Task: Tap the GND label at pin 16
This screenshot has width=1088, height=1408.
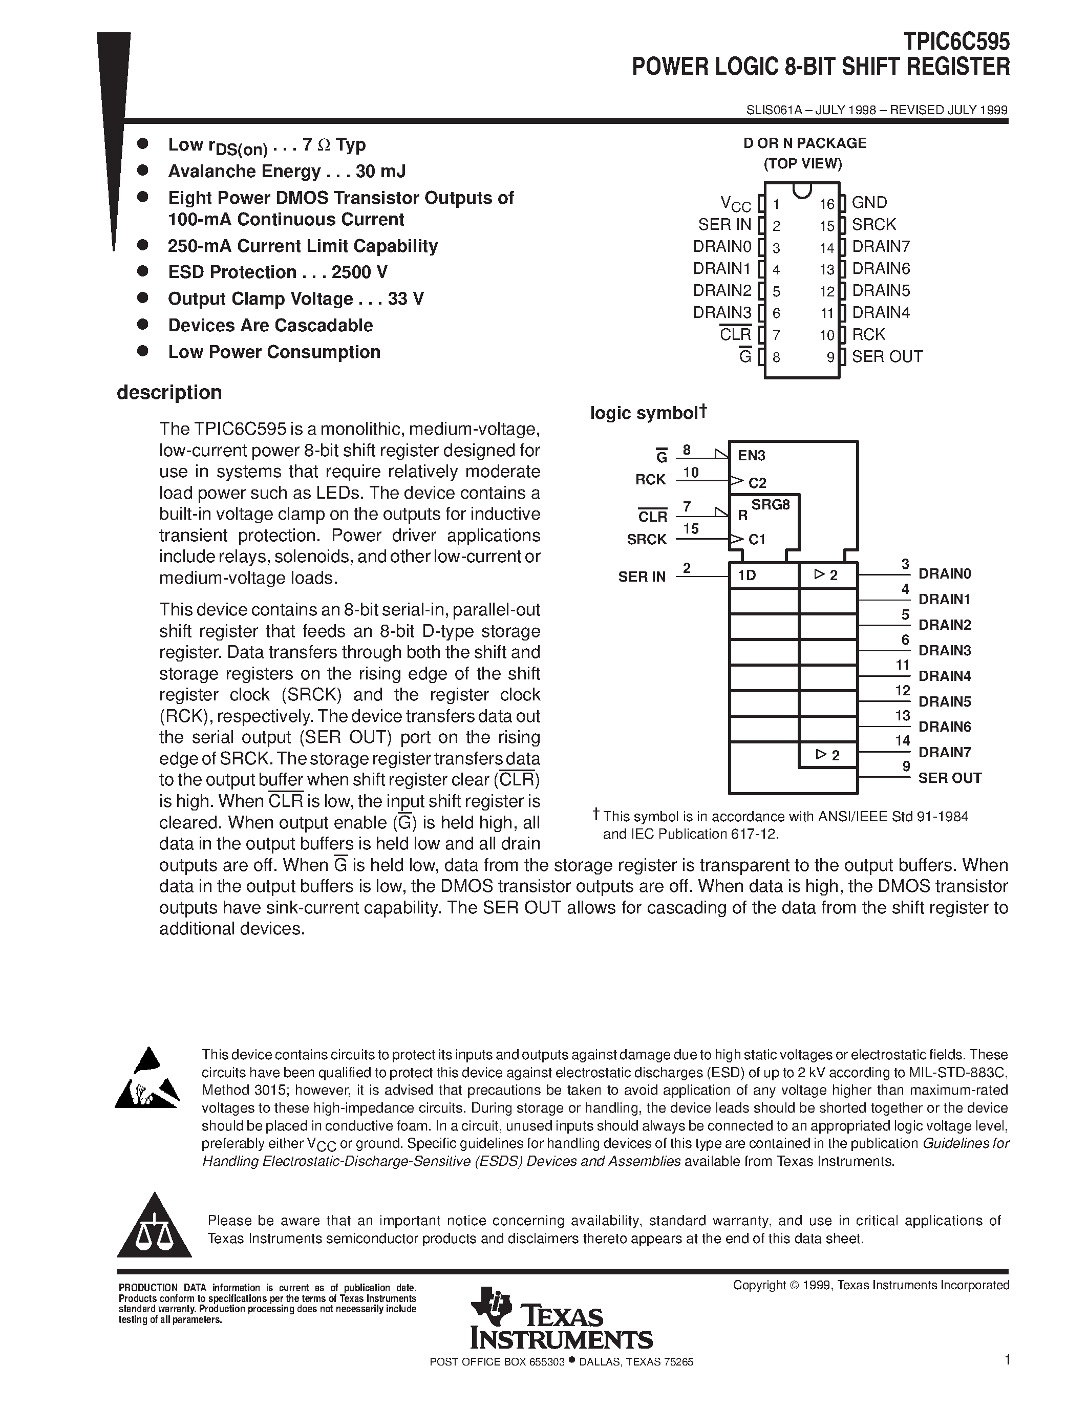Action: pos(869,202)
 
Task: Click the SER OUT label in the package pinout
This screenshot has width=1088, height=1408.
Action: pos(887,356)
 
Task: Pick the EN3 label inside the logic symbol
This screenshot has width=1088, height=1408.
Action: pos(751,456)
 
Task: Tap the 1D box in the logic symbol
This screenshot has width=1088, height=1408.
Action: pos(764,575)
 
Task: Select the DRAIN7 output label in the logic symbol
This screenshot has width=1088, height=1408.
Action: pos(944,752)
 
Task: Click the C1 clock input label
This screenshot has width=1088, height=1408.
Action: pos(757,539)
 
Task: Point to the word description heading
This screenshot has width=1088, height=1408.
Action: pos(169,392)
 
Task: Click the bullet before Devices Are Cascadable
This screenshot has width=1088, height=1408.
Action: pos(143,324)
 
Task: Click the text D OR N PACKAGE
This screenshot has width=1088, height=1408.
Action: pos(804,143)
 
